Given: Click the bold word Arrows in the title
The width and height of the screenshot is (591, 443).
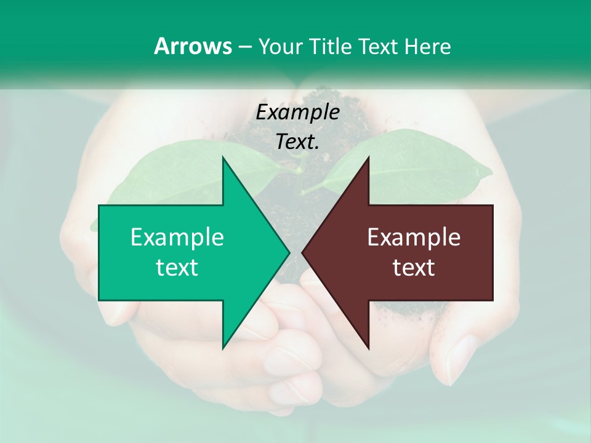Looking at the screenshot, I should tap(192, 46).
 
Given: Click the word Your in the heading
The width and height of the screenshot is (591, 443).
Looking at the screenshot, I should tap(281, 47).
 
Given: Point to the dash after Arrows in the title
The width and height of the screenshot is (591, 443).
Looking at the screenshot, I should tap(244, 47).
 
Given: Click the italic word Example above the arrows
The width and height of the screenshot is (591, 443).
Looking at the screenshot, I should tap(298, 113).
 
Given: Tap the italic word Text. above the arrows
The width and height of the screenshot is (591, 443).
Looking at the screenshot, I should tap(298, 142).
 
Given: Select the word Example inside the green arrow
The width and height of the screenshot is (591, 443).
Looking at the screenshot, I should tap(177, 237).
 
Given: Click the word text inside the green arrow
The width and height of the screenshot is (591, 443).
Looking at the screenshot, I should tap(177, 268).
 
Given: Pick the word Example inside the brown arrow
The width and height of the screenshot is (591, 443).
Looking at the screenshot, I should tap(414, 237).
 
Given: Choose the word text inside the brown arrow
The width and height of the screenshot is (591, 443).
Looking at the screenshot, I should tap(414, 268).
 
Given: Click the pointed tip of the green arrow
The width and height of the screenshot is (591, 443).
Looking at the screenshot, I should tap(289, 252).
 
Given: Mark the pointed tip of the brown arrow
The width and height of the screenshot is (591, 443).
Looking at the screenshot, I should tap(303, 252).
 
